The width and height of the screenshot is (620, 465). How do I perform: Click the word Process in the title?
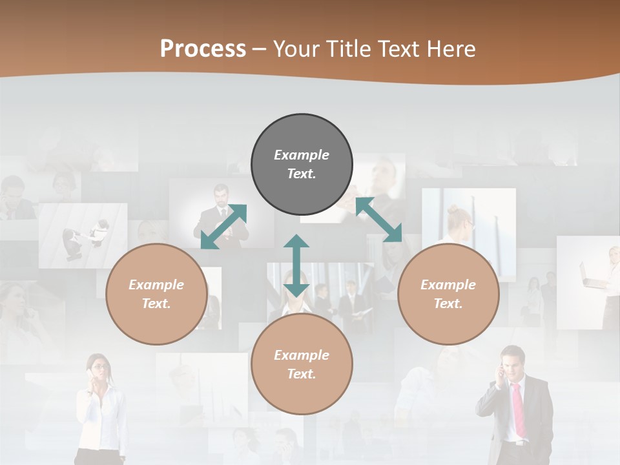[x=203, y=49]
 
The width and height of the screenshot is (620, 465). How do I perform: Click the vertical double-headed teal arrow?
[x=296, y=265]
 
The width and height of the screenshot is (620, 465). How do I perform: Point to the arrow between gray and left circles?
[x=224, y=226]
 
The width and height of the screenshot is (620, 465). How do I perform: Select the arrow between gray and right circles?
[x=378, y=220]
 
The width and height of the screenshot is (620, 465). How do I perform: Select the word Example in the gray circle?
[x=302, y=155]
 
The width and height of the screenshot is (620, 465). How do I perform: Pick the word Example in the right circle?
[x=448, y=285]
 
